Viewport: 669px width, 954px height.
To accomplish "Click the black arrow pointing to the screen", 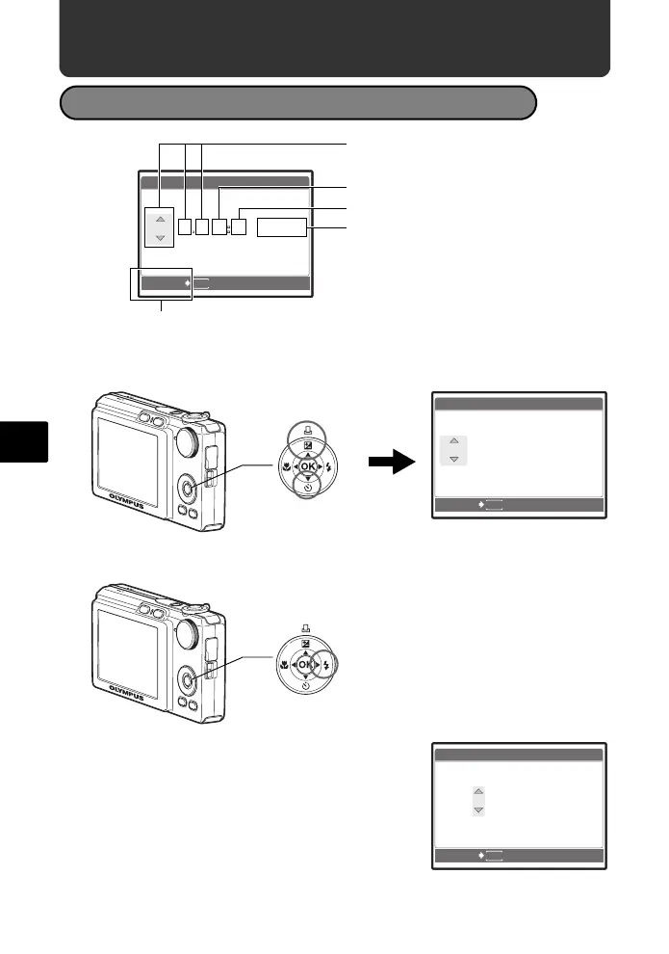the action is click(392, 464).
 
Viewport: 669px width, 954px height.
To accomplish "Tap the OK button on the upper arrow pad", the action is click(308, 466).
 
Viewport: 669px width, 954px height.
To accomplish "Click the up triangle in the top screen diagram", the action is click(159, 219).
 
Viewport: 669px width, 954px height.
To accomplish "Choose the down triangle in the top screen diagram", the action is click(159, 237).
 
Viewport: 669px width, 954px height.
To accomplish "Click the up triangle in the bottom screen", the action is click(478, 792).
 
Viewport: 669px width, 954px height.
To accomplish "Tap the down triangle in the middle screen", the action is click(453, 458).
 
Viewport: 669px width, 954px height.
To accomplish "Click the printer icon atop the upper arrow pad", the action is click(308, 431).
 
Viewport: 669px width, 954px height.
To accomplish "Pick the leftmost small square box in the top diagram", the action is click(188, 227).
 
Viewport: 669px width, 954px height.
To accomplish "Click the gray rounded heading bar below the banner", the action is click(297, 102).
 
